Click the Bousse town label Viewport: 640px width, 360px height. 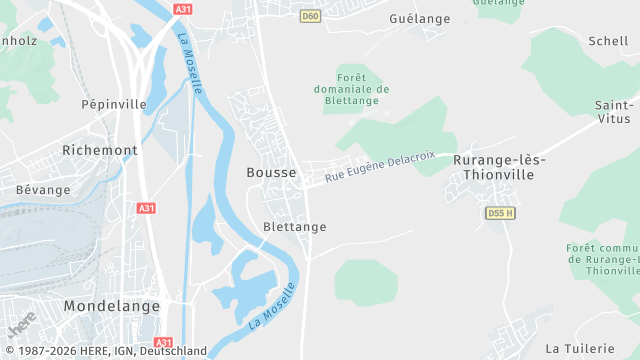pos(271,172)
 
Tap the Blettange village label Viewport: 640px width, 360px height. pos(294,227)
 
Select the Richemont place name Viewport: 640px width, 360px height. pos(99,150)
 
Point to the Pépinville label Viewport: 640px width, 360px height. pos(114,103)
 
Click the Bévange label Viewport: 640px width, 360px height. pos(43,189)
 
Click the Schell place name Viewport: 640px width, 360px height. pos(609,41)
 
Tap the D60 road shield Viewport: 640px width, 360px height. pos(310,16)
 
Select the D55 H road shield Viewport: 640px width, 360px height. pos(500,213)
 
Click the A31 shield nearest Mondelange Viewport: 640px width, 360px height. pos(164,342)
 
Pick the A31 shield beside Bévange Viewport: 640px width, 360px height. pos(146,208)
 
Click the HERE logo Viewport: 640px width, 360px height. pos(21,325)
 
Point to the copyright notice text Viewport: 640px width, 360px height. pos(104,351)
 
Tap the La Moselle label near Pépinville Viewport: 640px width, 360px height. pos(190,65)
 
